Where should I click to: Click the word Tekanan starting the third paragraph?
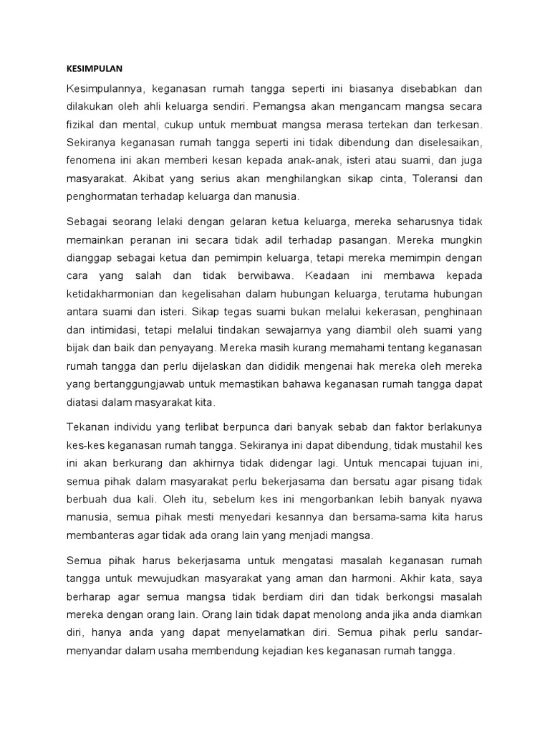[87, 426]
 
